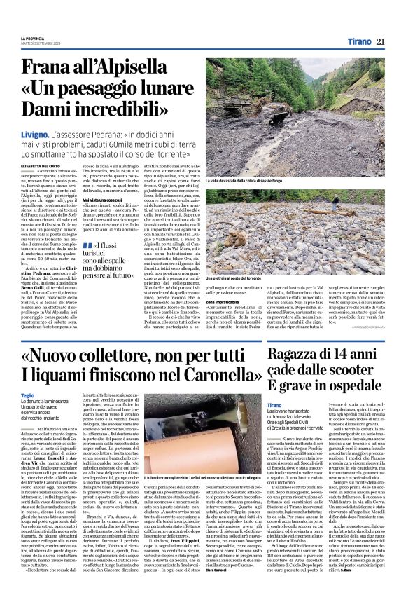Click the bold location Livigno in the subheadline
(55, 132)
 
